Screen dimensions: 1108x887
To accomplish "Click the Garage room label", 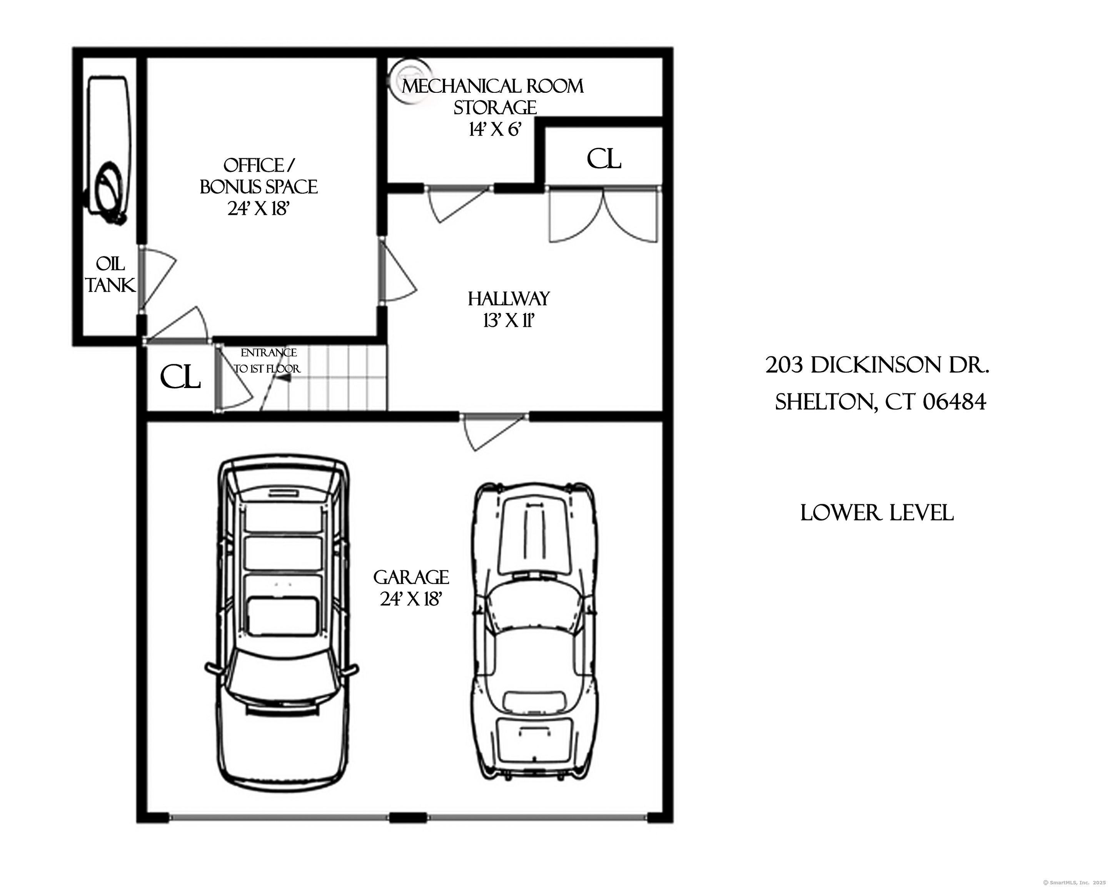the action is [411, 577].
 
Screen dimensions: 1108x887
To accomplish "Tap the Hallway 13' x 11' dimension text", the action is [509, 321].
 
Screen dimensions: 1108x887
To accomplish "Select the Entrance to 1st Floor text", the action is [268, 360].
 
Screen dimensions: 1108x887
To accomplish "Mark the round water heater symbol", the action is [410, 83].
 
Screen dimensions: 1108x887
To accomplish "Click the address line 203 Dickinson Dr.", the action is [877, 365].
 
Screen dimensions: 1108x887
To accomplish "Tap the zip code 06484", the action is [954, 402].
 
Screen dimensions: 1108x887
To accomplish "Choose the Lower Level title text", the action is [877, 513].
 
